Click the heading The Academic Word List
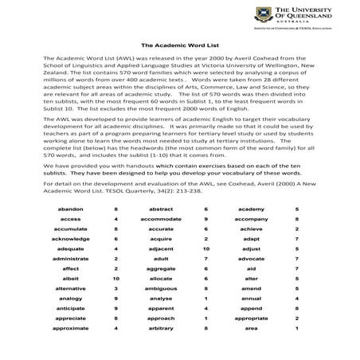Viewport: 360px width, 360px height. (x=179, y=46)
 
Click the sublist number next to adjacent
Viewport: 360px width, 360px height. (x=205, y=248)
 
